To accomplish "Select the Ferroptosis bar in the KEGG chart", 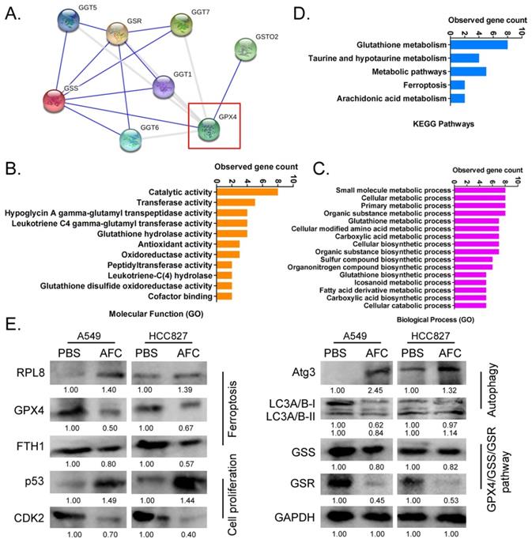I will coord(458,85).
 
